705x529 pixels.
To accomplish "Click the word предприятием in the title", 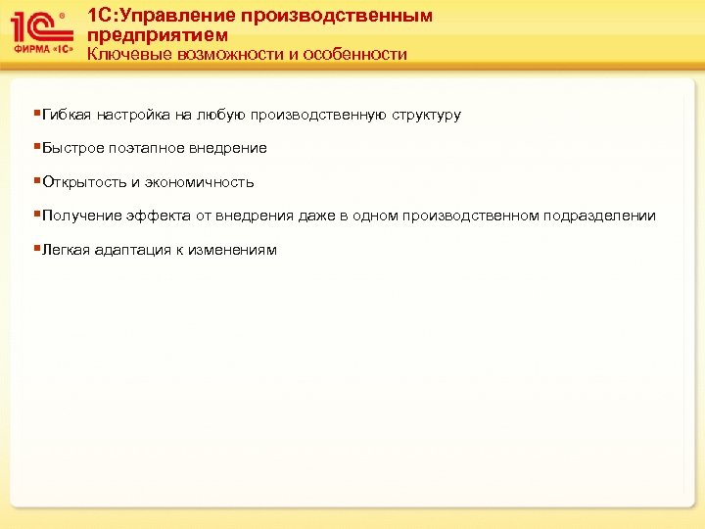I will (158, 35).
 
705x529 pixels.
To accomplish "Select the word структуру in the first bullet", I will (427, 115).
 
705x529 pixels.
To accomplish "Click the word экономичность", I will (200, 182).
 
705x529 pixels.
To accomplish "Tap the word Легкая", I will (67, 250).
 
